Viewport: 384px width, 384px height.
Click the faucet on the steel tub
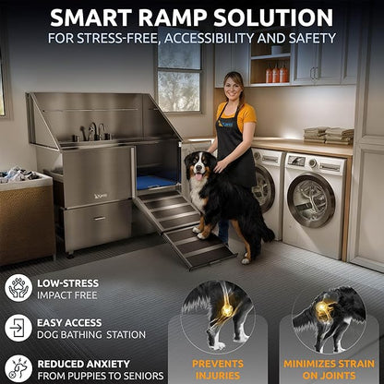[x=94, y=131]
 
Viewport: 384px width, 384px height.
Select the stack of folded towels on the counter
[x=339, y=135]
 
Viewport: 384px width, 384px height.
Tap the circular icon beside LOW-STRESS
[x=18, y=287]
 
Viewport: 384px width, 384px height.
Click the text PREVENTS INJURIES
[x=219, y=369]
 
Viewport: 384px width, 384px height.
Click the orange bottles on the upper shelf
[x=274, y=72]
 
